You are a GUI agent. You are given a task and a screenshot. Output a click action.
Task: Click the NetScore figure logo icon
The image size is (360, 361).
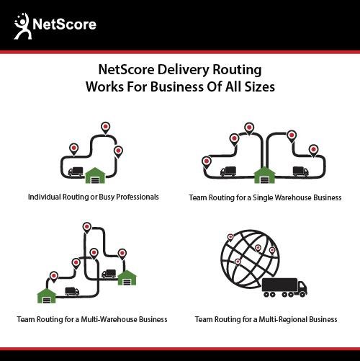(x=22, y=26)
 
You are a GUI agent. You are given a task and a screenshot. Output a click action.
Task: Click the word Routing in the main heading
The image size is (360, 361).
(x=237, y=71)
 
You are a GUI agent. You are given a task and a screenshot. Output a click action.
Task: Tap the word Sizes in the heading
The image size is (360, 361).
(x=259, y=86)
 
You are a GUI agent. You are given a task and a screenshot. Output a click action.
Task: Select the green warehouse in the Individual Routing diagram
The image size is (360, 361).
(x=95, y=175)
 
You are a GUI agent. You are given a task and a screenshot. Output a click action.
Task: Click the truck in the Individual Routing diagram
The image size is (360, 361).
(x=76, y=171)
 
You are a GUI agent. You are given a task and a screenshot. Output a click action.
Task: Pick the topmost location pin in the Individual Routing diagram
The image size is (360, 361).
(x=105, y=128)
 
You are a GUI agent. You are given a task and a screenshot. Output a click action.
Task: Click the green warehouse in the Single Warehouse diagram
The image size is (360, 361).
(x=264, y=175)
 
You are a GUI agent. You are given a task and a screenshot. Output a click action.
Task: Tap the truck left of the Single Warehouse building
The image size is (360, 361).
(x=228, y=171)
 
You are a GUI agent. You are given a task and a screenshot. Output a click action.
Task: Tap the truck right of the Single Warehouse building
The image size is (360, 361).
(x=300, y=171)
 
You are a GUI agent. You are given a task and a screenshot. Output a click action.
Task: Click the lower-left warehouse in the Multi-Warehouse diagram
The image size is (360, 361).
(x=47, y=295)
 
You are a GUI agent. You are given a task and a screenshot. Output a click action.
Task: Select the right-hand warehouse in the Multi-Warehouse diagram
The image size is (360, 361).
(x=127, y=277)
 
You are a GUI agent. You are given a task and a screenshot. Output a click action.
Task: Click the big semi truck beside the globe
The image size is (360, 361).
(x=284, y=288)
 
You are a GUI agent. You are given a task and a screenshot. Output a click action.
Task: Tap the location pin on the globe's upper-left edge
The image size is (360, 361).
(x=230, y=238)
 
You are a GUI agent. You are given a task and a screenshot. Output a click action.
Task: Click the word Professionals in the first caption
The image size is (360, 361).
(x=138, y=197)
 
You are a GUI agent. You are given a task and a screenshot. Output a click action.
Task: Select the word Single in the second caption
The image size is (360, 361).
(x=263, y=197)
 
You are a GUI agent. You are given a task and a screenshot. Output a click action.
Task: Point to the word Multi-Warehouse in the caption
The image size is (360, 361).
(x=109, y=319)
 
